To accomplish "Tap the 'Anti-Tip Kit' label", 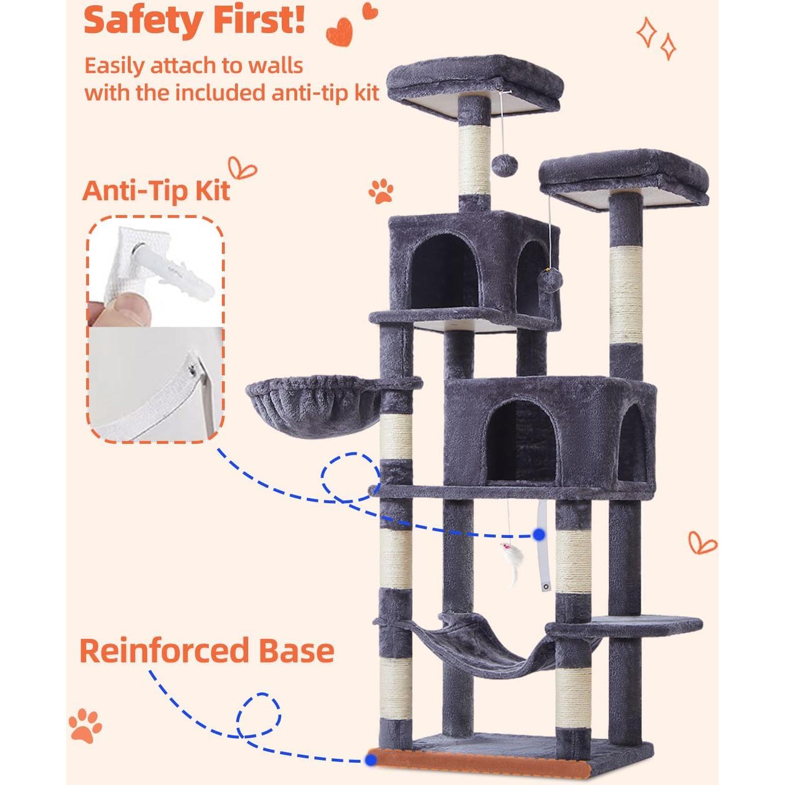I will (x=156, y=191).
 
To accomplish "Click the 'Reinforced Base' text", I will (x=207, y=651).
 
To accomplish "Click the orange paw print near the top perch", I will (x=381, y=192).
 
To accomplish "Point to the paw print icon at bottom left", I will (x=86, y=726).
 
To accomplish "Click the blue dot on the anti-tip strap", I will (x=539, y=535).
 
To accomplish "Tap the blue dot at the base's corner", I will (x=371, y=759).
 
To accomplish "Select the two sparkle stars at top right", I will (x=656, y=38).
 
